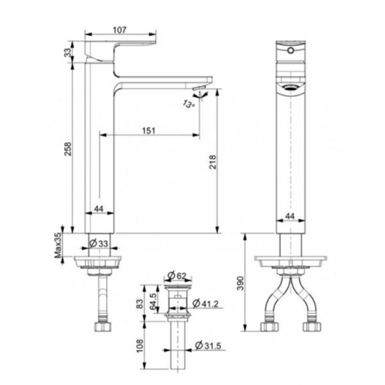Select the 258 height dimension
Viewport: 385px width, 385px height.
pos(69,148)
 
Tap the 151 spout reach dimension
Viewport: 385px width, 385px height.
pos(148,130)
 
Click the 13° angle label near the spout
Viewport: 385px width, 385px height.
pos(191,104)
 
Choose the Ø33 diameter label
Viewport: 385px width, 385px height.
pos(99,244)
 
